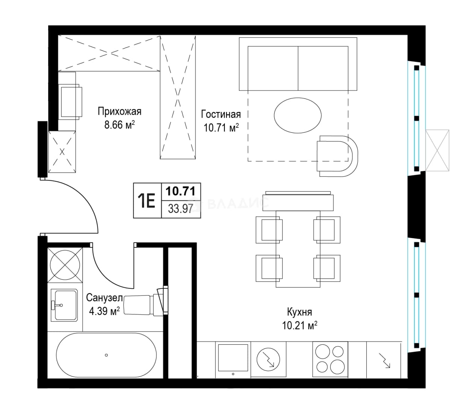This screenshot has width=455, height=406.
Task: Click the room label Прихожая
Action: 120,111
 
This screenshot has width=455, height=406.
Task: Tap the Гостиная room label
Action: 221,114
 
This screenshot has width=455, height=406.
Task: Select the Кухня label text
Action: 299,312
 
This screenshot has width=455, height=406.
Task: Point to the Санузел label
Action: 105,298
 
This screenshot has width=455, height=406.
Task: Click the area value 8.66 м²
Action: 120,124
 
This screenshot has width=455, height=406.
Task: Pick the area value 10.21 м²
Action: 300,325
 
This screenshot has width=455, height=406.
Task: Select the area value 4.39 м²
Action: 105,311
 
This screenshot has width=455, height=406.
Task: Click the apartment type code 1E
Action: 146,201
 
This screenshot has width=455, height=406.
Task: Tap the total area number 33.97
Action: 180,209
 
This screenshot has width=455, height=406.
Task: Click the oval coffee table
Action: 297,115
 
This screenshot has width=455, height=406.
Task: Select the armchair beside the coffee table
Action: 337,156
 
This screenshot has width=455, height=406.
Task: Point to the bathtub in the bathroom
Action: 106,355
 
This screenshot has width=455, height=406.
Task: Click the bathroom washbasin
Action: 64,305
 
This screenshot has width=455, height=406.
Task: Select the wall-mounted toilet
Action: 146,305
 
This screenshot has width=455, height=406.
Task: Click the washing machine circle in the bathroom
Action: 65,265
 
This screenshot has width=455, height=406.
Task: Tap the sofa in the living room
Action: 298,64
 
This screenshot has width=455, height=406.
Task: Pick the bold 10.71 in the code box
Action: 180,191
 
